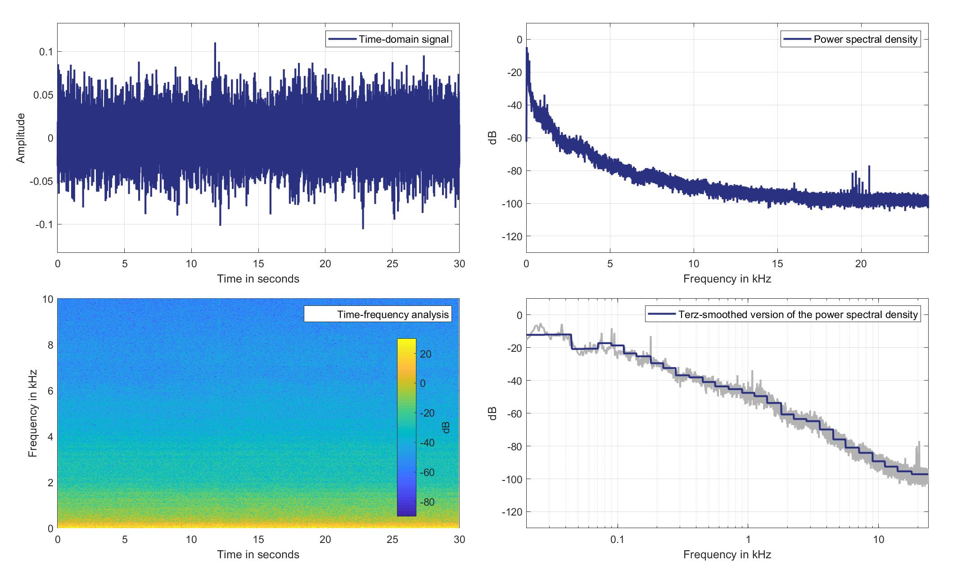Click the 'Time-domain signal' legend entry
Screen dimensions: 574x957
pos(388,39)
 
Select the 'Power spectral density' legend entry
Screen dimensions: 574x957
pos(850,39)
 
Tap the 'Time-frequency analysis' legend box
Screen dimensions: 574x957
pos(378,314)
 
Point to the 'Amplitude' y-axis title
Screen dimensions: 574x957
pos(21,138)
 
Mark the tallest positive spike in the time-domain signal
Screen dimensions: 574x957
pos(215,44)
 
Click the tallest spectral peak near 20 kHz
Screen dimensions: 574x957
pos(869,167)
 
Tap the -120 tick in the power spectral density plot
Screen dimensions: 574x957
pos(512,237)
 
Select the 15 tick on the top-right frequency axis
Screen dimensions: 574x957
pos(777,264)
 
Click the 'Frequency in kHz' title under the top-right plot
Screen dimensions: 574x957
pos(727,279)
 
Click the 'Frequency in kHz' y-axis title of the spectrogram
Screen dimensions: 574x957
pos(32,413)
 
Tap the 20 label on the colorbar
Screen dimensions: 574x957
pos(426,354)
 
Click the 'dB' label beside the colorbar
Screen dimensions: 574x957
pos(446,427)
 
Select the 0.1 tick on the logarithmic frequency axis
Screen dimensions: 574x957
pos(618,539)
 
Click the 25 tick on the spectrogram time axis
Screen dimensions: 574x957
pos(392,539)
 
